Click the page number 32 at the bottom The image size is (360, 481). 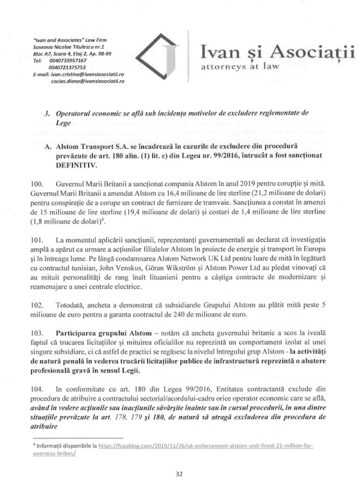click(180, 473)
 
